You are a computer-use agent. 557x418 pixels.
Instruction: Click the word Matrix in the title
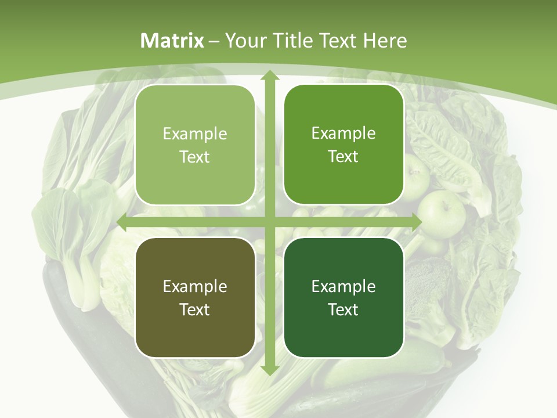(172, 41)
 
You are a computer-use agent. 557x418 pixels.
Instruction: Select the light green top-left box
(195, 145)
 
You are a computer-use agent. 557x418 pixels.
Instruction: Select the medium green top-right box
(343, 145)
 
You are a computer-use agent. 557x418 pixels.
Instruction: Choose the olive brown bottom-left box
(195, 297)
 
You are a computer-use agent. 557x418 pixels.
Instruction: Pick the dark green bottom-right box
(343, 297)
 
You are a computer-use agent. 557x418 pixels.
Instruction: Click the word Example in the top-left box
(195, 134)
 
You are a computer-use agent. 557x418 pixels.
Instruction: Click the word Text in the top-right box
(343, 157)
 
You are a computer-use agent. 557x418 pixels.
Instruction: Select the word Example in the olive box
(195, 286)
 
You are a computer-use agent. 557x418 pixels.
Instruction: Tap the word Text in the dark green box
(343, 309)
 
